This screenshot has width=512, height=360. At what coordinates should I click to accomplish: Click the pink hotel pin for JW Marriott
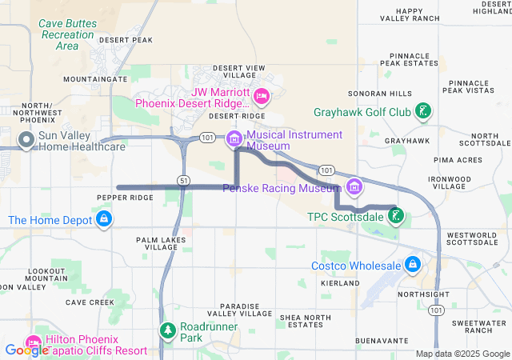click(261, 97)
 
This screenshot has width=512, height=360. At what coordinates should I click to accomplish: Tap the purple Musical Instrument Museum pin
click(234, 139)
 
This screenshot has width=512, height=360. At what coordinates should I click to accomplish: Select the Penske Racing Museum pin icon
click(354, 188)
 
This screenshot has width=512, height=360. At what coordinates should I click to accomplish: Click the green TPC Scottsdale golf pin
click(395, 215)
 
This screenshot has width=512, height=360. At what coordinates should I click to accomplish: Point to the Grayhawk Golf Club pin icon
click(425, 112)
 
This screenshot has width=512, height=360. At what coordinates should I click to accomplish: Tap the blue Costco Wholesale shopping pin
click(412, 264)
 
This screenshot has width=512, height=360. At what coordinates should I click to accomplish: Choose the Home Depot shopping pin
click(103, 218)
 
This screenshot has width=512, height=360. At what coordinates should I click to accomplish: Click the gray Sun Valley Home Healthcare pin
click(26, 141)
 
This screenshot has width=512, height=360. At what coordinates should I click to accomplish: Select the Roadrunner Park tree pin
click(167, 330)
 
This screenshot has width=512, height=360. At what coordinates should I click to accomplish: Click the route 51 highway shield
click(184, 180)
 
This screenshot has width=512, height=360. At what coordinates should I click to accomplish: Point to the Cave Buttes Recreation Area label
click(67, 34)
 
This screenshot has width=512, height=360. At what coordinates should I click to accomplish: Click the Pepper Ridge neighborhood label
click(124, 198)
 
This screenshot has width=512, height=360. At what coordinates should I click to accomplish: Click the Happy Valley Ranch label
click(420, 14)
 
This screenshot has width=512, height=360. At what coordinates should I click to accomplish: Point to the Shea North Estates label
click(305, 322)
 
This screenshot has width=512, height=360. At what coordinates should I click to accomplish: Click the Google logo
click(26, 350)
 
